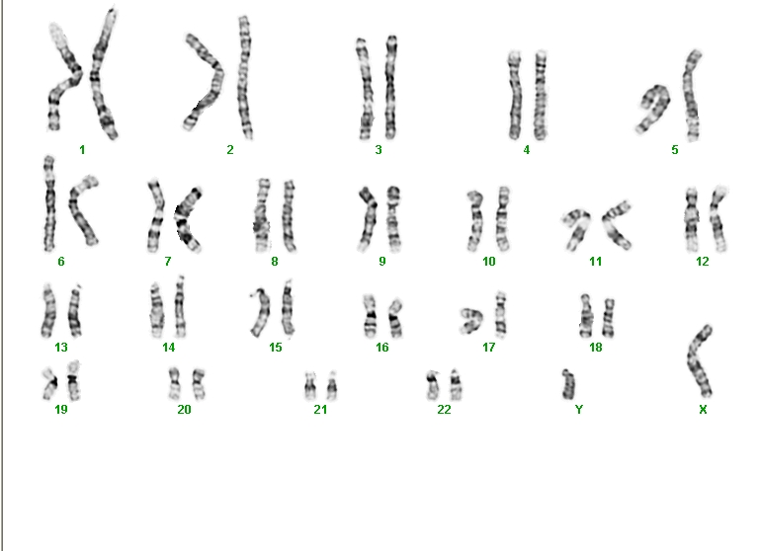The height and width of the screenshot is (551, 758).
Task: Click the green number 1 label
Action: [82, 150]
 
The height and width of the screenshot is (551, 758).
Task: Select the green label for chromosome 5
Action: [675, 150]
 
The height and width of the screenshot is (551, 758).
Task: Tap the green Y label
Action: [579, 410]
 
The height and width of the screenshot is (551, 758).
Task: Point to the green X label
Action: [703, 410]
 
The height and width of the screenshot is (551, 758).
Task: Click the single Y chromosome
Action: [568, 384]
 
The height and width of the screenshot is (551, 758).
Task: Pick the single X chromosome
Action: [699, 361]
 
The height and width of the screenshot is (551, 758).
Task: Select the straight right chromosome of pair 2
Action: [245, 77]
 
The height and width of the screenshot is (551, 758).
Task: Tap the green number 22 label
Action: [444, 410]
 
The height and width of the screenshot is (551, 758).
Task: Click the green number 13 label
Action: [61, 348]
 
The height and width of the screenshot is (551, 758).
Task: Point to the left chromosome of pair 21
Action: [310, 386]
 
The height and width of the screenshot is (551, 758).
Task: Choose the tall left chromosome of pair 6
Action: [49, 203]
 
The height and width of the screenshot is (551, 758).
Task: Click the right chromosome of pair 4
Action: [541, 95]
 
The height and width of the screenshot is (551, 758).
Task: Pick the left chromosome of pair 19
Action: [50, 383]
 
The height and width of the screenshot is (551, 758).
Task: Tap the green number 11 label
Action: [596, 262]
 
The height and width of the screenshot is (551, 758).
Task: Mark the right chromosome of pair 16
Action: [395, 319]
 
